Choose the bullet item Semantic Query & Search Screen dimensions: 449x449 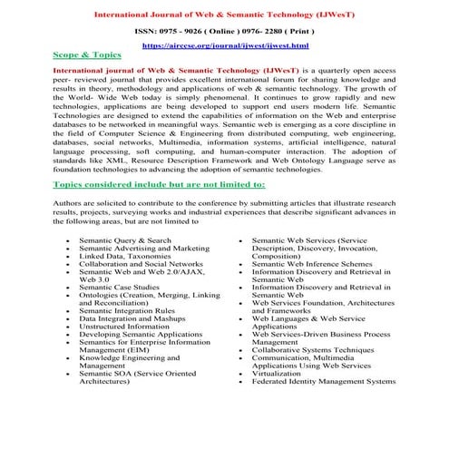pos(124,240)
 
